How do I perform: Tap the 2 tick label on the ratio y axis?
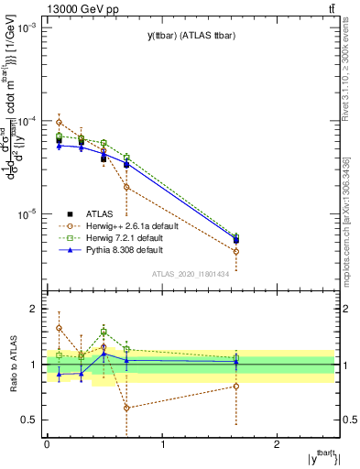[x=34, y=310]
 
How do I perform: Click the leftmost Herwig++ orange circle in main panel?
[x=59, y=122]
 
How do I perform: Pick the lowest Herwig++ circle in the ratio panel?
[x=126, y=408]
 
